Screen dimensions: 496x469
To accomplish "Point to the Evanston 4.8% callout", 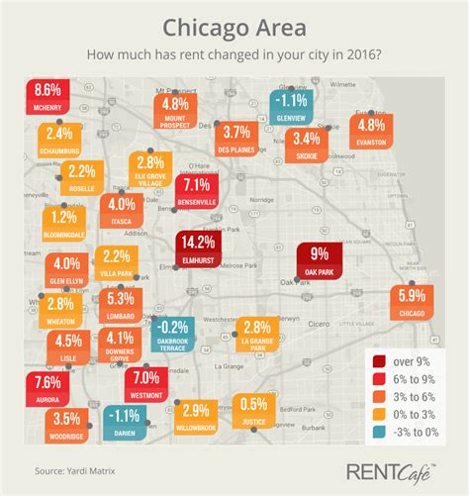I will point(370,130).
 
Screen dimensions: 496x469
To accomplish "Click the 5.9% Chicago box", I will point(412,301).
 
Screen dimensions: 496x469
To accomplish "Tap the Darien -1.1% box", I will point(125,422).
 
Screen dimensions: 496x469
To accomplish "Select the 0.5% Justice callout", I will point(254,408).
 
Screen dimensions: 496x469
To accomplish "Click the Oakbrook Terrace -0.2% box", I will point(173,332).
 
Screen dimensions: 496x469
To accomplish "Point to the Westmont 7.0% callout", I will point(144,382).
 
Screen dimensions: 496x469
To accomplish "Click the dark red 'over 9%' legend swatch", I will point(377,362).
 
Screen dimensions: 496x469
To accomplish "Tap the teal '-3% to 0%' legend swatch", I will point(377,432).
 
